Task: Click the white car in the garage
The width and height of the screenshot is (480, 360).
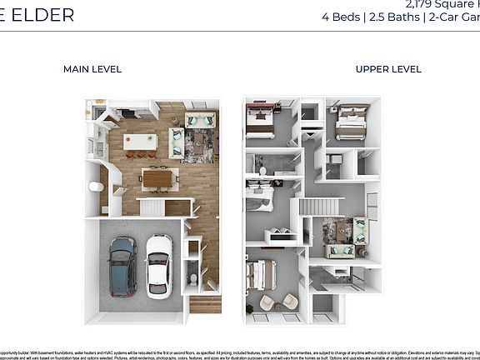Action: pyautogui.click(x=158, y=265)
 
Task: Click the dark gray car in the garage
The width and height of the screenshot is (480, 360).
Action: pyautogui.click(x=123, y=265)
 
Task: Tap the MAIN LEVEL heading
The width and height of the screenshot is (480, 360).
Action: pyautogui.click(x=92, y=69)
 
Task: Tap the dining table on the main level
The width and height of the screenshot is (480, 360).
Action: pyautogui.click(x=157, y=177)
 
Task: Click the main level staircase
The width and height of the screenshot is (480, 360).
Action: pyautogui.click(x=152, y=206)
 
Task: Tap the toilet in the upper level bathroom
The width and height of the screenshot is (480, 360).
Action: pyautogui.click(x=262, y=172)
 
